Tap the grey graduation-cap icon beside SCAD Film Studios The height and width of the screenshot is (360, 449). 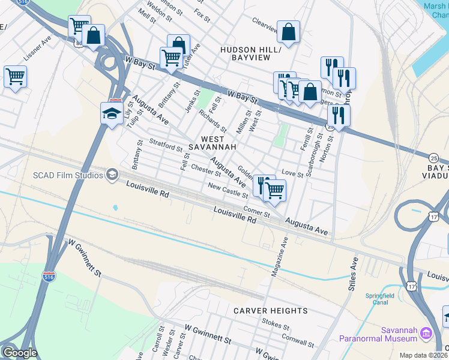point(112,175)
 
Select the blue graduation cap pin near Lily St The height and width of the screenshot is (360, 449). point(112,113)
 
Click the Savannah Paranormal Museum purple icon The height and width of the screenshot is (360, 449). point(426,332)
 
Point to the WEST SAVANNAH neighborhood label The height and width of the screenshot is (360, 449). point(208,143)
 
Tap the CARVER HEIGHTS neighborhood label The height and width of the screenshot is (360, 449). point(270,311)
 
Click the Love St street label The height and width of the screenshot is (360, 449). point(292,173)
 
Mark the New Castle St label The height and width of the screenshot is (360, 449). point(228,191)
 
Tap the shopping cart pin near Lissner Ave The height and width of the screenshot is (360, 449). point(15,77)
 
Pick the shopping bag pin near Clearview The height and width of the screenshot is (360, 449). point(288,32)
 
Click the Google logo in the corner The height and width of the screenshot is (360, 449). point(20,353)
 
